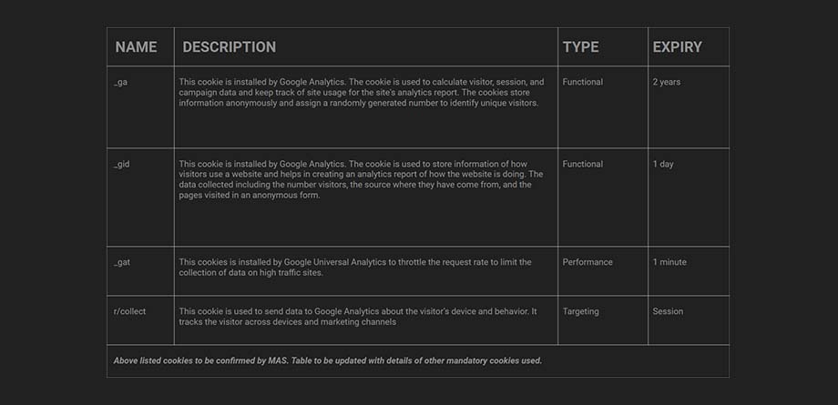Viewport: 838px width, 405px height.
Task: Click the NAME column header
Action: click(136, 47)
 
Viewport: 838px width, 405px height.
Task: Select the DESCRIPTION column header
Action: click(229, 47)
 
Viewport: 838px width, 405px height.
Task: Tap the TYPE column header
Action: click(580, 47)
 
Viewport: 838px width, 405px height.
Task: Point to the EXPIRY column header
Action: click(677, 47)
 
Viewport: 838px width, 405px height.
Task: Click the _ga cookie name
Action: click(120, 82)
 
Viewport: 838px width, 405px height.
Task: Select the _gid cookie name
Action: click(122, 164)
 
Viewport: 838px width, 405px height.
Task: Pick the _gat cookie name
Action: click(122, 262)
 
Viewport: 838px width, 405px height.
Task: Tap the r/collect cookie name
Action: click(129, 311)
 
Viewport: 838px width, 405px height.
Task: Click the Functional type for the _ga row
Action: click(582, 82)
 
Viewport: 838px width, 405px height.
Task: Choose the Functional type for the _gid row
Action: click(582, 164)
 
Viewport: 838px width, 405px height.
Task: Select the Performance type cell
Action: click(588, 262)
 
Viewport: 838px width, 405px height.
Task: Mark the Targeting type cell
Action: click(580, 311)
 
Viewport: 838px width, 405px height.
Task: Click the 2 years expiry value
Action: click(666, 82)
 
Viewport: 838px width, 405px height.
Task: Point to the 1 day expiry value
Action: click(663, 164)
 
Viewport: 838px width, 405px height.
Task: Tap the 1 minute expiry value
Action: click(669, 262)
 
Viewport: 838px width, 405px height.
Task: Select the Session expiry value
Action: click(668, 311)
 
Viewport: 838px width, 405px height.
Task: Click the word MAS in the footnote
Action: click(277, 360)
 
